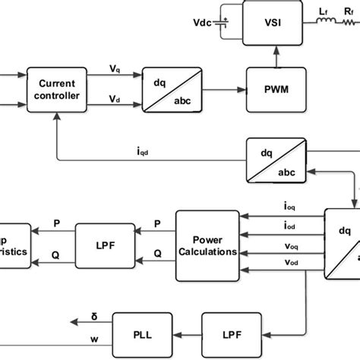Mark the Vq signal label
(114, 68)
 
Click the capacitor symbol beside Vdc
(222, 20)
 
